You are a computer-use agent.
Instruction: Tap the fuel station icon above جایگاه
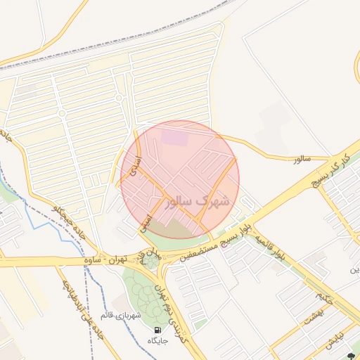(157, 329)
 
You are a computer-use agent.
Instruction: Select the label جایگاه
(157, 340)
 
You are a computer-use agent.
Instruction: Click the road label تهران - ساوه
(103, 259)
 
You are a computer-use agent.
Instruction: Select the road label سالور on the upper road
(302, 159)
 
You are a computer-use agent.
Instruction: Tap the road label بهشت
(312, 317)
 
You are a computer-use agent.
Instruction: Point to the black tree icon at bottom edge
(351, 356)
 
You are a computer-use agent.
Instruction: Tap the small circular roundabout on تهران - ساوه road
(150, 262)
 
